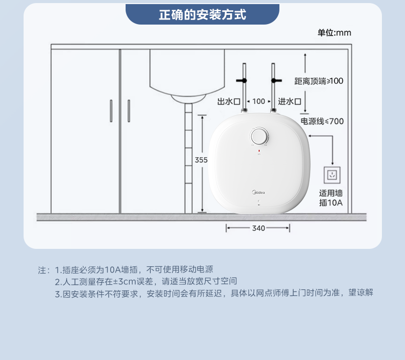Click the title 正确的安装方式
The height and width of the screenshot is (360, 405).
[202, 14]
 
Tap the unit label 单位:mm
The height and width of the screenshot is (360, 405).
[334, 33]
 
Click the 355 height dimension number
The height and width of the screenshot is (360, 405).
[201, 160]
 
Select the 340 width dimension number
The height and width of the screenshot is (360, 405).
[258, 228]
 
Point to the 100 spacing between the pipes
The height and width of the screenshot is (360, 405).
[258, 101]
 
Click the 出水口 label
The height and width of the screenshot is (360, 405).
[229, 101]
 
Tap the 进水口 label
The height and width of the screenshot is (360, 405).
[290, 101]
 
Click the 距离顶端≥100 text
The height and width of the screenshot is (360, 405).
[319, 81]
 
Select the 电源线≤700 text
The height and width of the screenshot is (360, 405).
[322, 121]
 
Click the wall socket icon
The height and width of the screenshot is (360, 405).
[332, 175]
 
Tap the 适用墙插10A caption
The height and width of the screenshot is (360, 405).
[331, 198]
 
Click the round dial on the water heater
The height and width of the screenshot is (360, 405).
[259, 136]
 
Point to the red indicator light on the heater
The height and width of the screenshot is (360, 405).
[259, 151]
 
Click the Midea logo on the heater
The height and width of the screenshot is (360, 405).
[258, 192]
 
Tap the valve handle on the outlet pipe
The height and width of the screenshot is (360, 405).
[241, 81]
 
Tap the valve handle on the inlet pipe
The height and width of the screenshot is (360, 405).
[276, 81]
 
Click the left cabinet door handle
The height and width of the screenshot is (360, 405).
[111, 111]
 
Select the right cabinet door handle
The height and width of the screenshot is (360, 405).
[129, 111]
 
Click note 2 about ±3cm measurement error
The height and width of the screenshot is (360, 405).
[146, 281]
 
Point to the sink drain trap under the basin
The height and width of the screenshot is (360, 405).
[188, 99]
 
